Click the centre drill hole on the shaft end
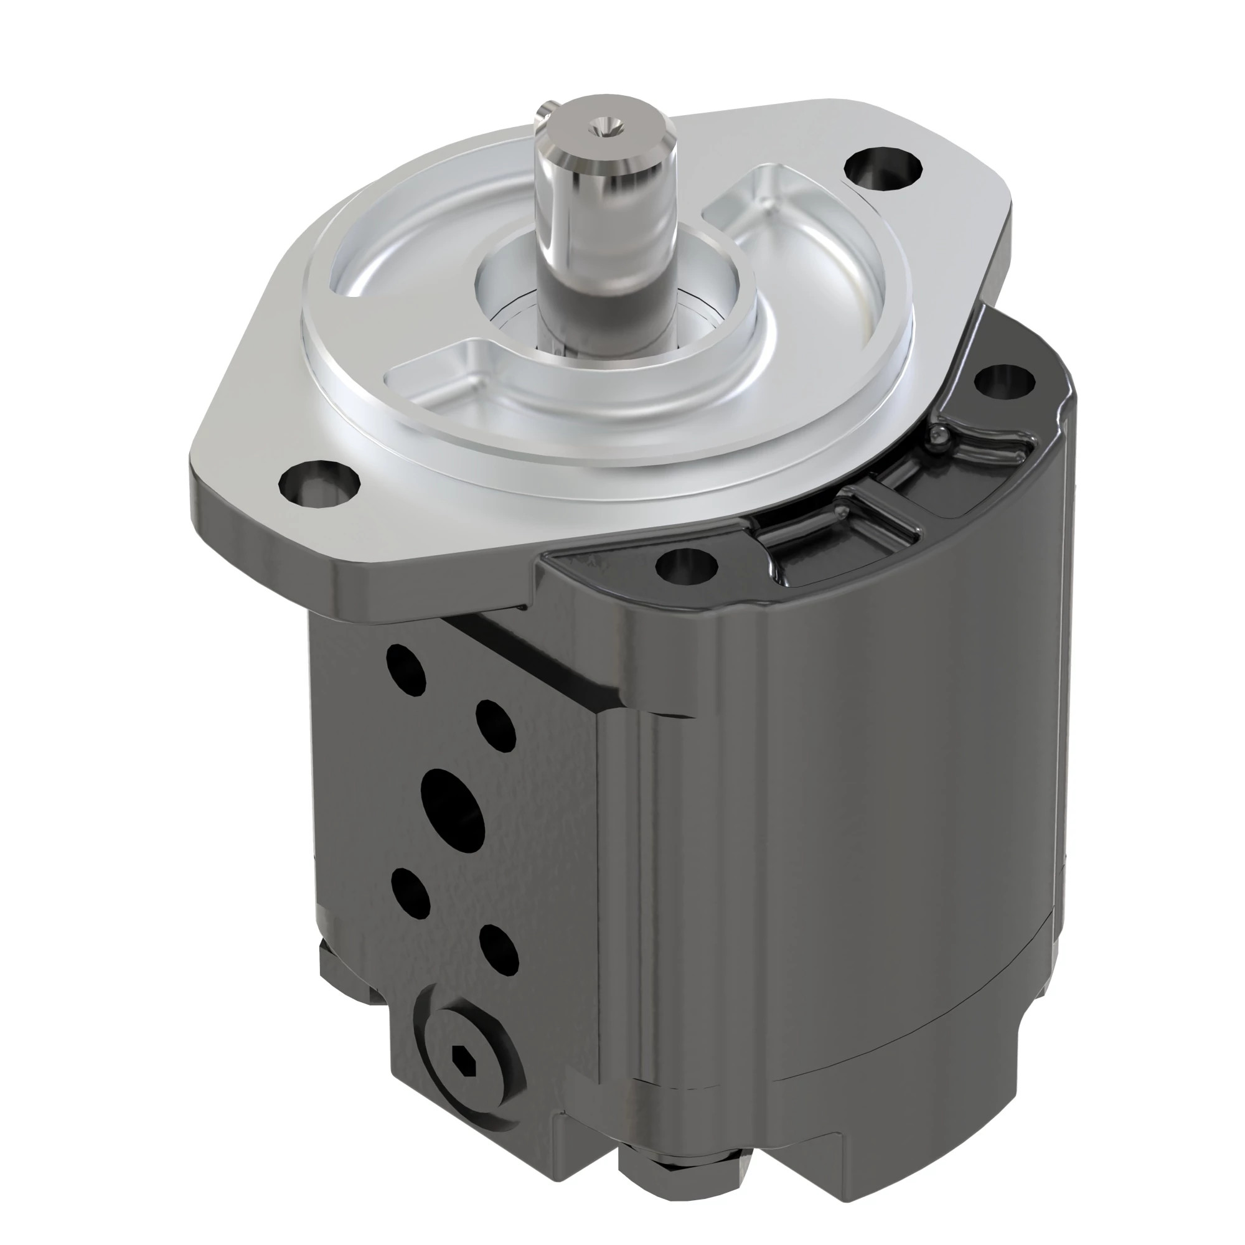pos(604,125)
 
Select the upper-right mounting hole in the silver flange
pos(883,166)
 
